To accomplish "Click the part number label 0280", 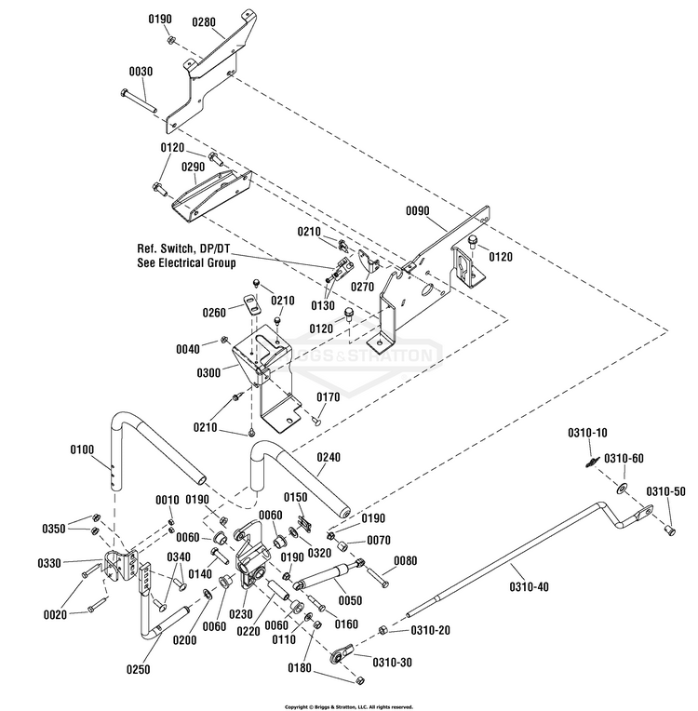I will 204,21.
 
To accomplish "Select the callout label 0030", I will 141,72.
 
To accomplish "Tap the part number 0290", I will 194,167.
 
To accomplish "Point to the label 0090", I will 417,211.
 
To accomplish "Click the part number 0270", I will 362,288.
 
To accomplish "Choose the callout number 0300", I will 209,372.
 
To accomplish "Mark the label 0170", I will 329,397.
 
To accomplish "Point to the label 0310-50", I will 666,490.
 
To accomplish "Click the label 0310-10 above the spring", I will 587,433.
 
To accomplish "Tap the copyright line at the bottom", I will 349,706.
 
